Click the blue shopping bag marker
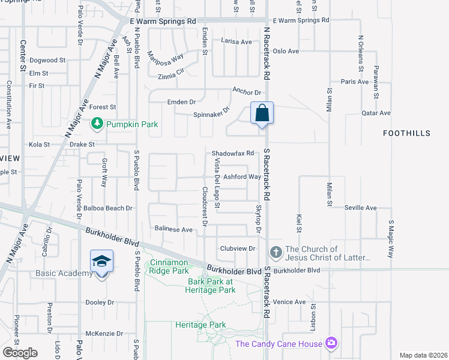(262, 113)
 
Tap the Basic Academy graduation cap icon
(100, 262)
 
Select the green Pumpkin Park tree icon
(96, 124)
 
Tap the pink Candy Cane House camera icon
(330, 343)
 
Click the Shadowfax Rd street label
(233, 154)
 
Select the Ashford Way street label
(242, 177)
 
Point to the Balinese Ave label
(173, 229)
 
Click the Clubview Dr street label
(238, 248)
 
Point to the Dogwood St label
(47, 60)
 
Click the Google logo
(20, 353)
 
